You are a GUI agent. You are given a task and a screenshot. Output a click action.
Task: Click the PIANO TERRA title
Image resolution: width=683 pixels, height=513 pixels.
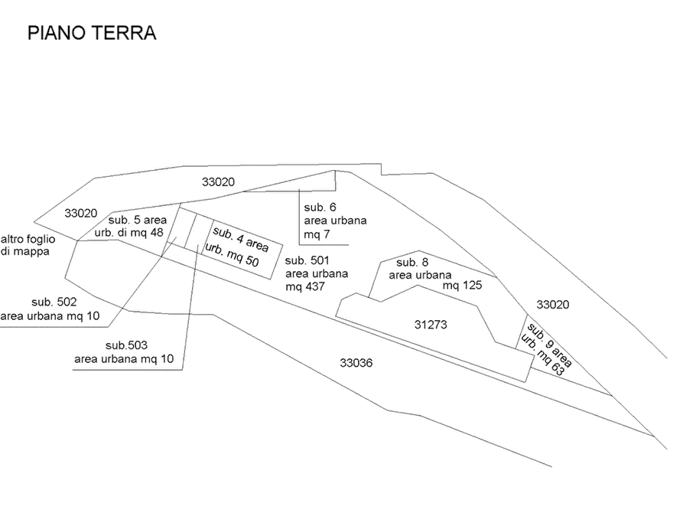pyautogui.click(x=92, y=33)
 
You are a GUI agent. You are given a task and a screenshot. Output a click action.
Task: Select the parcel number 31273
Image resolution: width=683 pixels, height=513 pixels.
pyautogui.click(x=431, y=325)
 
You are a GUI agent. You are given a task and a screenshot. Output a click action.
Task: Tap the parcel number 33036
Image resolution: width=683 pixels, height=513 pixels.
pyautogui.click(x=356, y=363)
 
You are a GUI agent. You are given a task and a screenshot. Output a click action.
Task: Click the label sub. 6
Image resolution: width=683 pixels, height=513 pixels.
pyautogui.click(x=320, y=207)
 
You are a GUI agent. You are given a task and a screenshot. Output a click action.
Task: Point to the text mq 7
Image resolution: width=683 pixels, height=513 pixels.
pyautogui.click(x=317, y=235)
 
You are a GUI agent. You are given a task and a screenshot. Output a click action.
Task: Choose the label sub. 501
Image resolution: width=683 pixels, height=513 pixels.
pyautogui.click(x=307, y=261)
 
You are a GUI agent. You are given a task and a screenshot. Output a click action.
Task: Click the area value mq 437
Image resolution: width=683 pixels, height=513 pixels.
pyautogui.click(x=305, y=287)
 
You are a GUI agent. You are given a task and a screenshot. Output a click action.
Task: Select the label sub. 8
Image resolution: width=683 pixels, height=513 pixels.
pyautogui.click(x=412, y=263)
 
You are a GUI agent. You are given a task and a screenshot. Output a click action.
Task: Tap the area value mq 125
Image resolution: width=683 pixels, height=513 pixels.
pyautogui.click(x=462, y=286)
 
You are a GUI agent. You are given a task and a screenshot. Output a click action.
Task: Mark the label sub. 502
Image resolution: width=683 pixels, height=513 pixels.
pyautogui.click(x=54, y=302)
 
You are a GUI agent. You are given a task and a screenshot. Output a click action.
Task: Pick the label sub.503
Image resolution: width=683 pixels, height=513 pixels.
pyautogui.click(x=126, y=345)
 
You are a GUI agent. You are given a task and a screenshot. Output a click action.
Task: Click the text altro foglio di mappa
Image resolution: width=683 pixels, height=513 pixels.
pyautogui.click(x=28, y=245)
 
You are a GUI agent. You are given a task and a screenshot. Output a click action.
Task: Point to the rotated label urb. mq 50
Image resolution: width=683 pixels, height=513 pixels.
pyautogui.click(x=232, y=255)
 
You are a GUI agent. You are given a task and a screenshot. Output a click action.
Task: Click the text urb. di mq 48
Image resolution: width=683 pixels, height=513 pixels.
pyautogui.click(x=129, y=233)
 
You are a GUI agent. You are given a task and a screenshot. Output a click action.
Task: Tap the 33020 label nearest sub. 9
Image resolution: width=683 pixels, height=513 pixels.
pyautogui.click(x=552, y=305)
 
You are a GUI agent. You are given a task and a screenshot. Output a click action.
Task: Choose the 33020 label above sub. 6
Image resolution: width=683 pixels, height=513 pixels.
pyautogui.click(x=218, y=182)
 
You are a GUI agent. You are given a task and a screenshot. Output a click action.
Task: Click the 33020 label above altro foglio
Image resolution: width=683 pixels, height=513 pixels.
pyautogui.click(x=80, y=214)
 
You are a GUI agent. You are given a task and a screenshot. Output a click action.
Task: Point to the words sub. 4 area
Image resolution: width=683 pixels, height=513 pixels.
pyautogui.click(x=240, y=240)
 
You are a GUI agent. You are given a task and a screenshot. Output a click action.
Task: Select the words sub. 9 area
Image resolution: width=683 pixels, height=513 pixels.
pyautogui.click(x=549, y=345)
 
